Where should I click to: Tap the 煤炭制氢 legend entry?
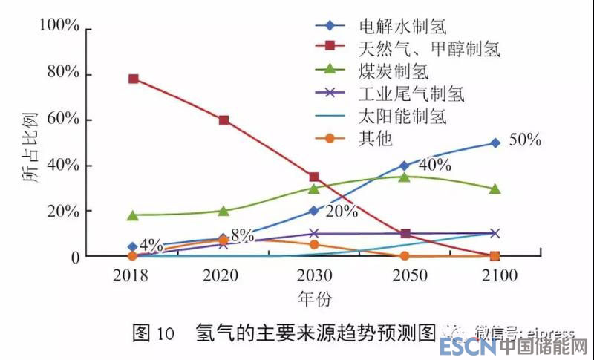[x=393, y=72]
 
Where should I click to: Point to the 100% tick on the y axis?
[x=59, y=28]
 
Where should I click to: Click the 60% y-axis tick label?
[x=62, y=120]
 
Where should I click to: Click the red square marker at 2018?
[x=133, y=79]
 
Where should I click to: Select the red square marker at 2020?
[x=223, y=120]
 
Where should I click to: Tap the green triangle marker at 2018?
[x=133, y=215]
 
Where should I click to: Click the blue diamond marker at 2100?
[x=495, y=143]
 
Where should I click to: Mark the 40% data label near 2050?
[x=435, y=165]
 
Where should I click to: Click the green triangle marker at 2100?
[x=495, y=189]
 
